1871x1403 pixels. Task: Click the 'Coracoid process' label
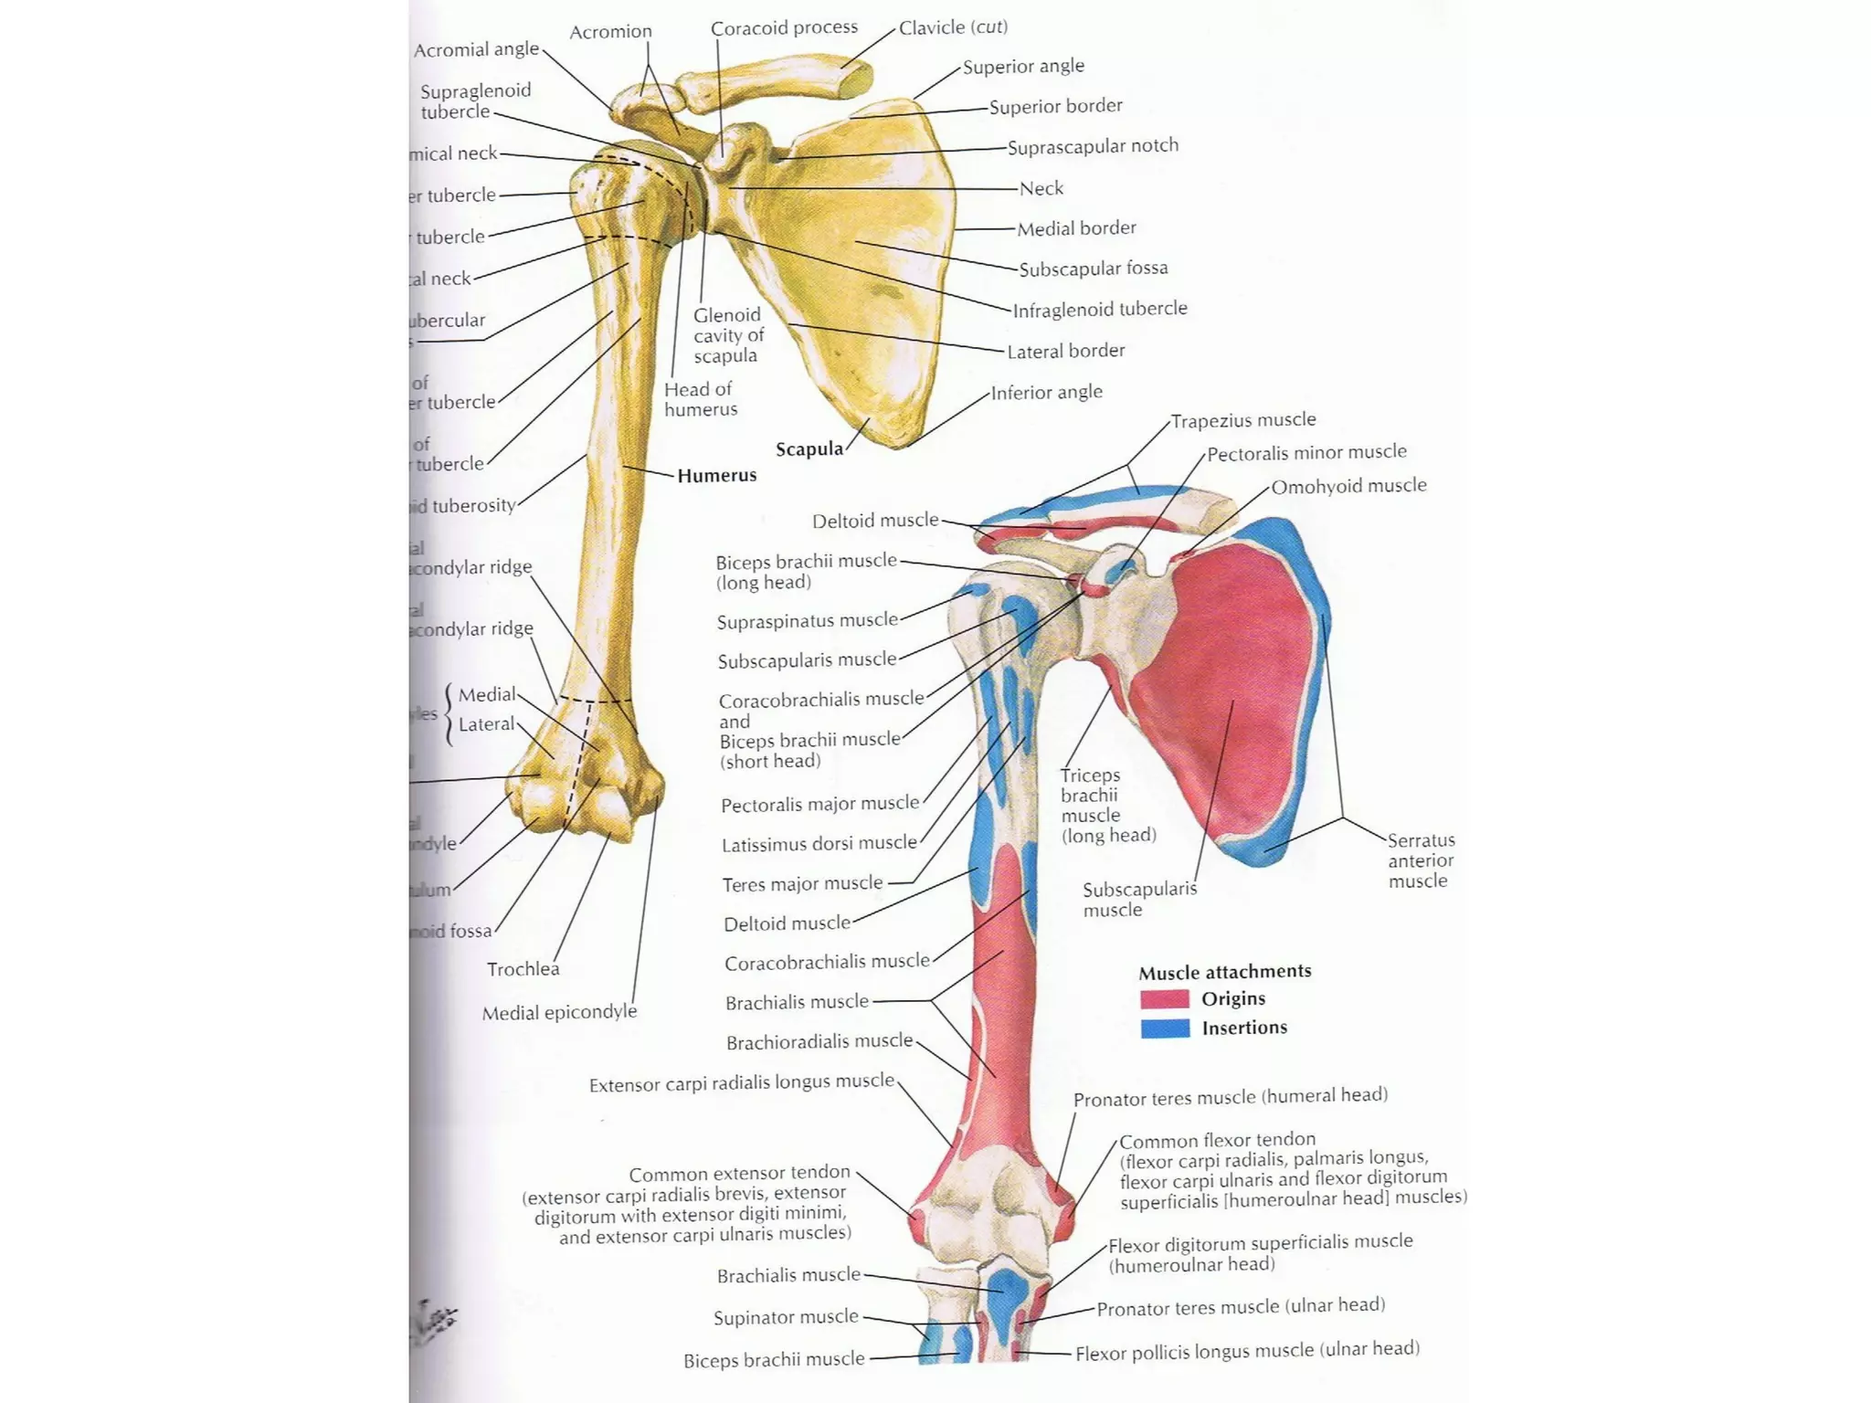(784, 28)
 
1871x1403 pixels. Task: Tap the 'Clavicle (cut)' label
(953, 27)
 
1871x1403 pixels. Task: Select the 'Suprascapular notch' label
(1093, 146)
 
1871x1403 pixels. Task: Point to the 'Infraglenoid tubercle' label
(1100, 309)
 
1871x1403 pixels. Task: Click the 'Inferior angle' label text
(1046, 392)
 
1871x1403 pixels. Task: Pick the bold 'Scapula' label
(809, 449)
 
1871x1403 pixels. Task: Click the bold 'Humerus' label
(717, 475)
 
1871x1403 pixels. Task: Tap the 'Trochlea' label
(523, 969)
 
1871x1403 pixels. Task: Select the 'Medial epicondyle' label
(559, 1012)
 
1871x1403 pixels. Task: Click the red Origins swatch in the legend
(1165, 998)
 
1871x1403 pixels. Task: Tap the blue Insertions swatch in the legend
(1165, 1029)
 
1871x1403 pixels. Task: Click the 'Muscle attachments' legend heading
(1224, 972)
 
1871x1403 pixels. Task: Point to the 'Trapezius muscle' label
(1243, 420)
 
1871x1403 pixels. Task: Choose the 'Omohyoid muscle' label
(1348, 486)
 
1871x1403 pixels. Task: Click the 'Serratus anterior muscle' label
(1421, 860)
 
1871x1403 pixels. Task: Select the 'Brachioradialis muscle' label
(819, 1041)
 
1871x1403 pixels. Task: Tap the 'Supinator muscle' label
(786, 1317)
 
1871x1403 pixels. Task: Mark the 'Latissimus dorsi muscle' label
(819, 844)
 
